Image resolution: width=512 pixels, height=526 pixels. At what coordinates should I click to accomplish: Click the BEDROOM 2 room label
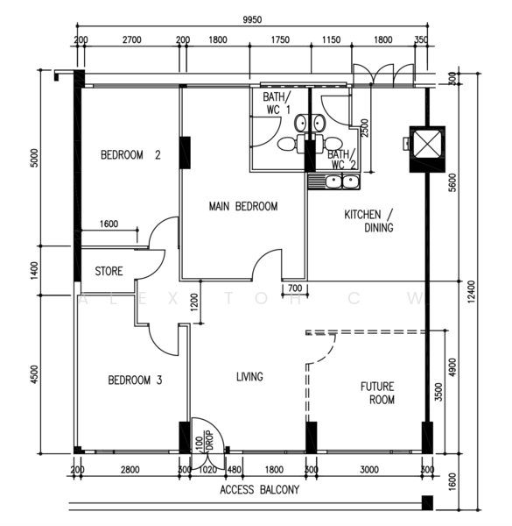(130, 155)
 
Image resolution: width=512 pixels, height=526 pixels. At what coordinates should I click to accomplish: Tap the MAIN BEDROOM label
(243, 206)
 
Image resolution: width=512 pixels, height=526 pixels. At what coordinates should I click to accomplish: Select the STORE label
(109, 271)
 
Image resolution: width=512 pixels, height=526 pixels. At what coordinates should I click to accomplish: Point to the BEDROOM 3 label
(135, 380)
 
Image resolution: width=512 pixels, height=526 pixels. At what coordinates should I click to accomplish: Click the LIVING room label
(249, 377)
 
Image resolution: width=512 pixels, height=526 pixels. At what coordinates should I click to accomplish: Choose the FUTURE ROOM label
(377, 393)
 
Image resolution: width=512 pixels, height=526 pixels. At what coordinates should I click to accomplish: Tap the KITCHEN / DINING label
(368, 221)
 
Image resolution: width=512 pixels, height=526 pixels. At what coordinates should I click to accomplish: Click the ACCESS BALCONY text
(260, 490)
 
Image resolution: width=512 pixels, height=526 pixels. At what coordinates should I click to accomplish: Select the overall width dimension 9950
(252, 20)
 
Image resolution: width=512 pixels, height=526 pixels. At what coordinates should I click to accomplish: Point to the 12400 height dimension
(471, 292)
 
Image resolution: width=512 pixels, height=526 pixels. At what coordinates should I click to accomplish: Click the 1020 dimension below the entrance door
(208, 470)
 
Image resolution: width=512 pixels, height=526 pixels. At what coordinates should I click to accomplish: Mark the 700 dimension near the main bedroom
(295, 288)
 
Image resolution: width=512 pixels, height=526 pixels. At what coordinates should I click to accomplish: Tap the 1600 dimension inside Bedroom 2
(109, 224)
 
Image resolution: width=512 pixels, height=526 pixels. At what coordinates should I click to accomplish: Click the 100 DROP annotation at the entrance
(205, 440)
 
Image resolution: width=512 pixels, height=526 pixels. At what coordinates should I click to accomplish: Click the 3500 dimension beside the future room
(438, 392)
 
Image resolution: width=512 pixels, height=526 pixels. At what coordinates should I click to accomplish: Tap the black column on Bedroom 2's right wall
(185, 153)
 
